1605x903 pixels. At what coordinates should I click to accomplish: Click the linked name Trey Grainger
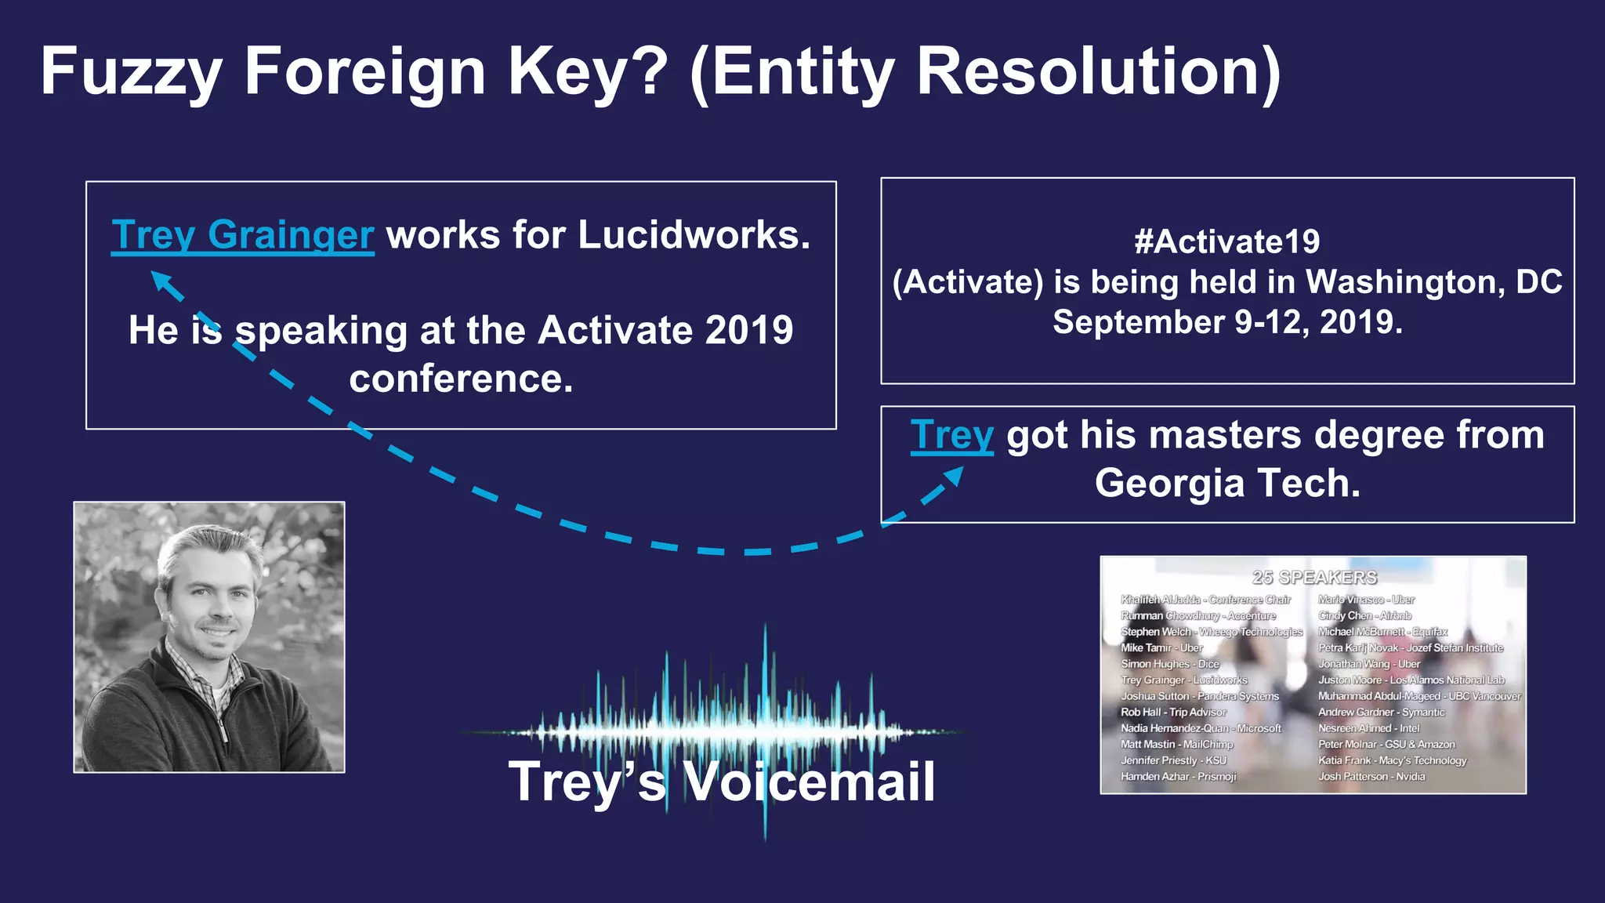[242, 234]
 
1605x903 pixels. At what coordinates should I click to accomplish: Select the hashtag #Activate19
[1226, 241]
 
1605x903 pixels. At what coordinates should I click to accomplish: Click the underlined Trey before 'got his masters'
[951, 435]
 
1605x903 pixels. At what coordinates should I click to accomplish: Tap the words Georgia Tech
[1226, 483]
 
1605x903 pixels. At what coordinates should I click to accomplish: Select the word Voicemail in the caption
[810, 782]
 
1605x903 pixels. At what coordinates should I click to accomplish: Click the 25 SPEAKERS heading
[1314, 578]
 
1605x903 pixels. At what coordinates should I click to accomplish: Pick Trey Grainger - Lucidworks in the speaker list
[1183, 680]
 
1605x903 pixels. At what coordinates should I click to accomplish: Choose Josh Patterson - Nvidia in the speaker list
[1371, 777]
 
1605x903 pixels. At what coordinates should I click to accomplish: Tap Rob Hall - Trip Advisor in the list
[1173, 713]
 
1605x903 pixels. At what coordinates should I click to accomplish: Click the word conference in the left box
[461, 379]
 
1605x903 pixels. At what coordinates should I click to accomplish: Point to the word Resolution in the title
[1097, 72]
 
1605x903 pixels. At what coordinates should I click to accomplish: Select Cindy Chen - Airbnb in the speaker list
[1364, 616]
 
